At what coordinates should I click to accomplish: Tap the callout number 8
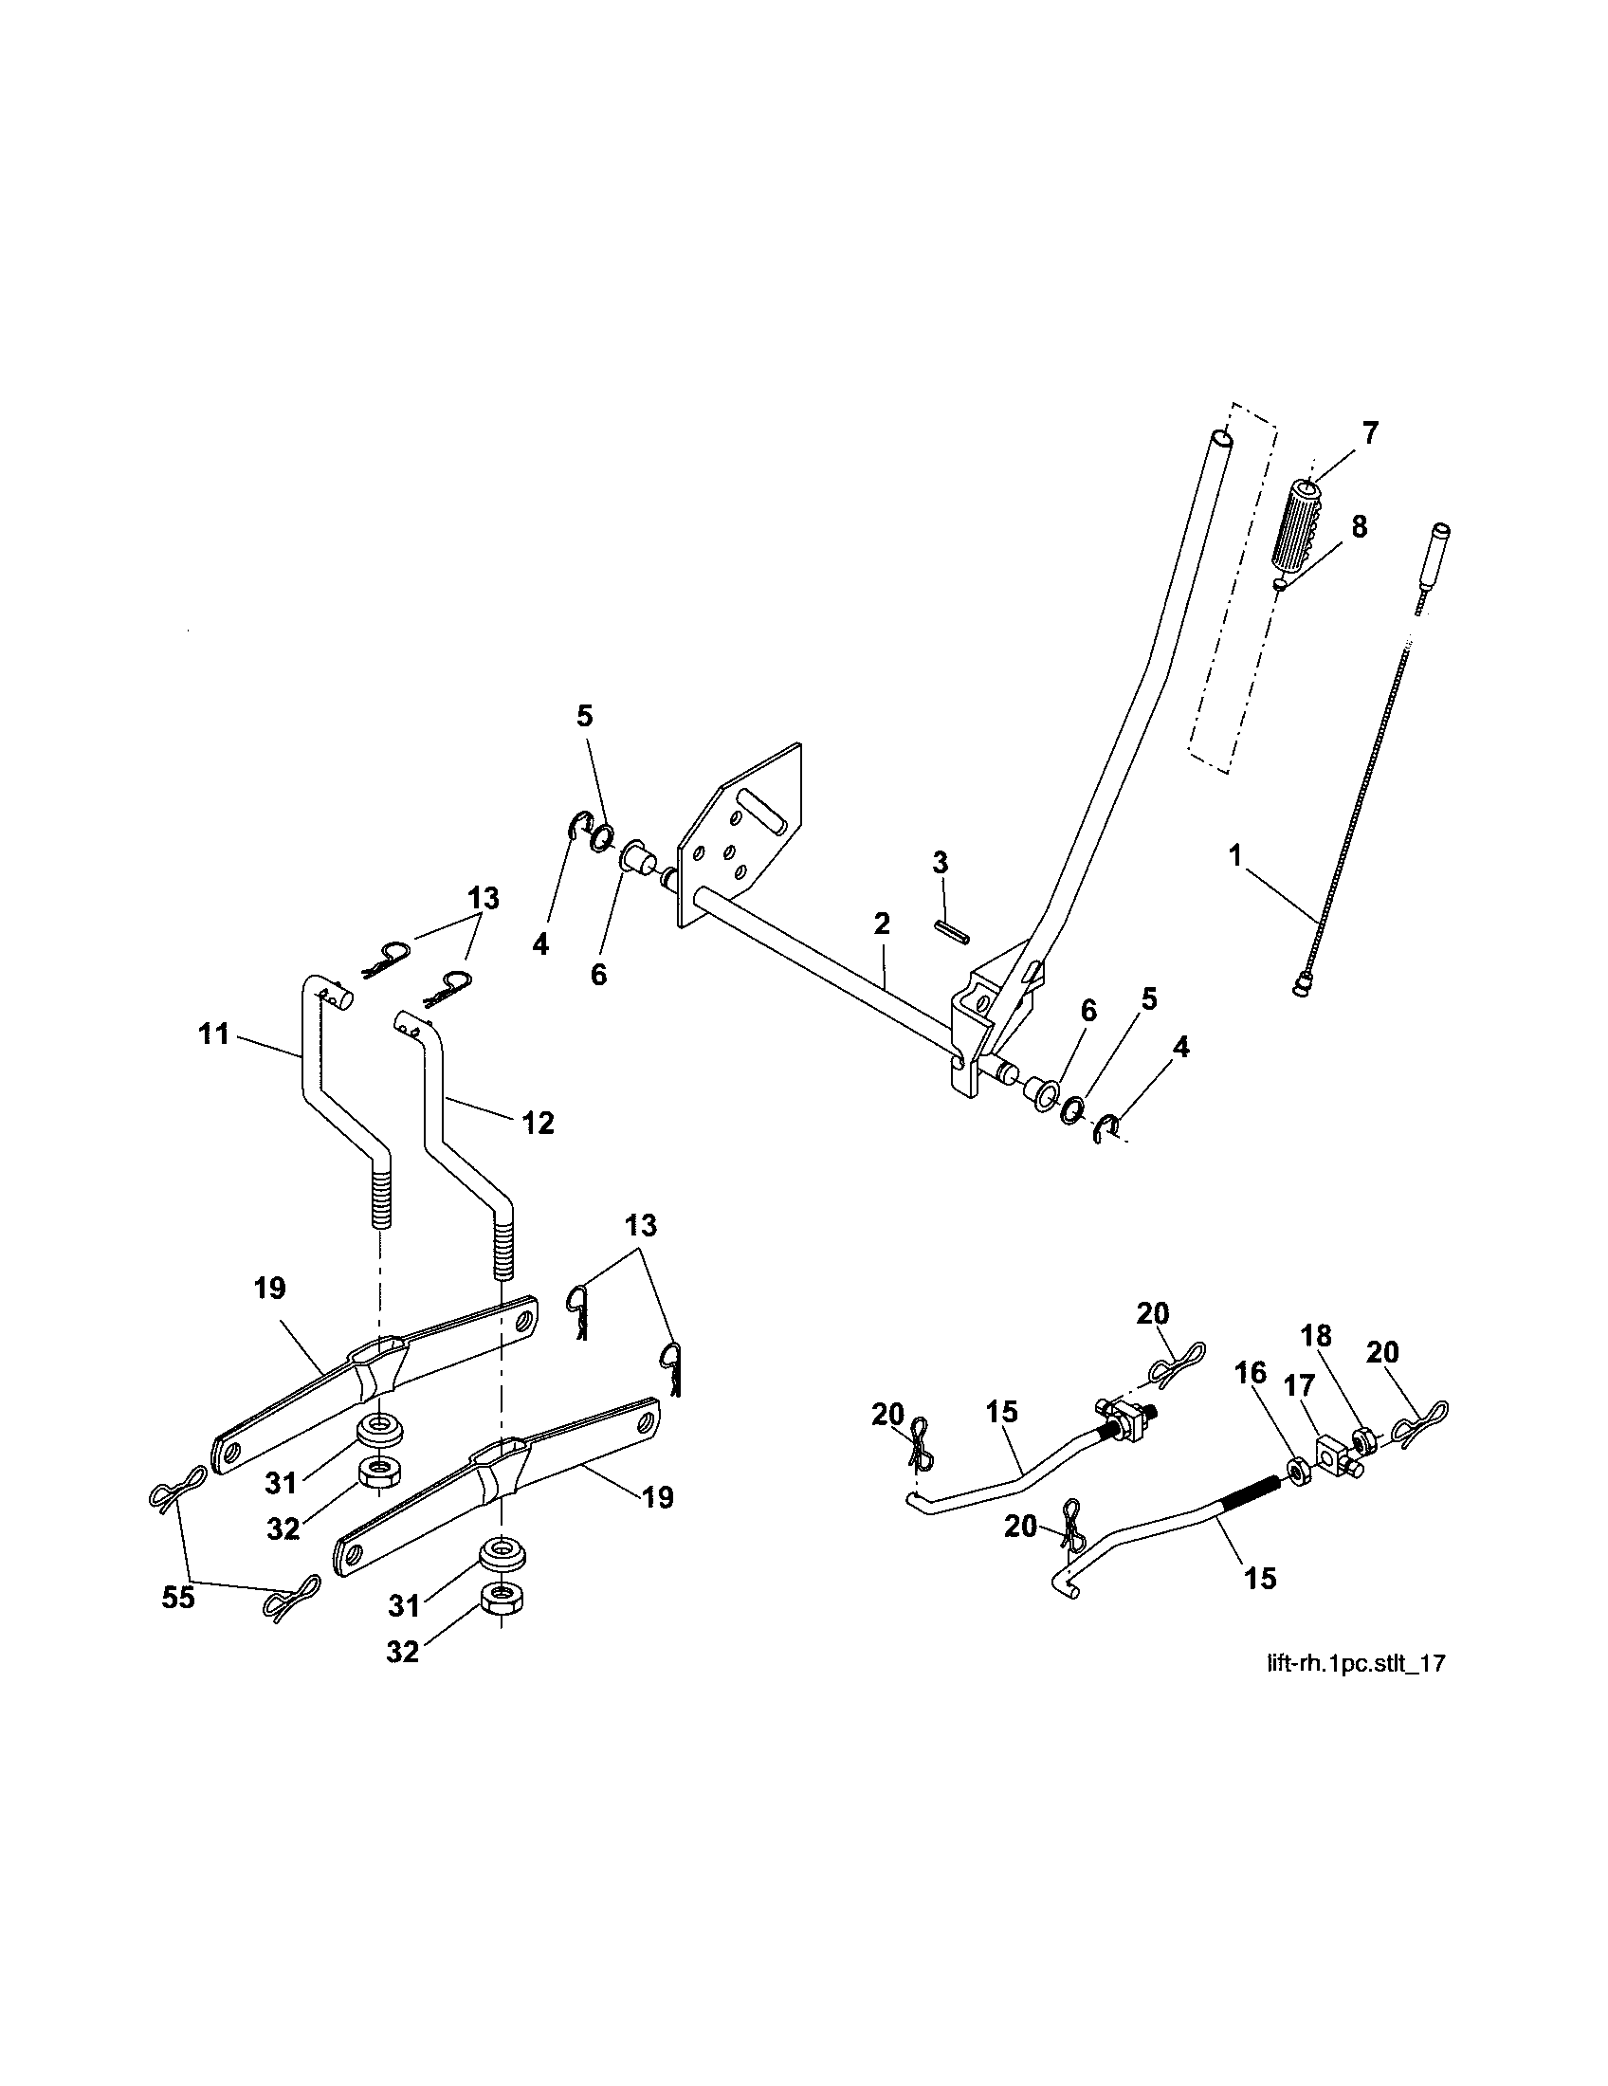[x=1359, y=526]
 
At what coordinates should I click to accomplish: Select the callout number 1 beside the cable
[x=1235, y=855]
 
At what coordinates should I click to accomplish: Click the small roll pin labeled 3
[x=951, y=930]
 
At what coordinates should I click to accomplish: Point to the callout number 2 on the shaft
[x=882, y=923]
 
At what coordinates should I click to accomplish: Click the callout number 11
[x=214, y=1034]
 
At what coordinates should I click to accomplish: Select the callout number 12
[x=539, y=1123]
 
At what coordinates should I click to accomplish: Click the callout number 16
[x=1250, y=1374]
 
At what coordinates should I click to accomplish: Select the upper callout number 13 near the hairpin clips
[x=484, y=899]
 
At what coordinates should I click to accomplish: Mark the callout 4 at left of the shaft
[x=540, y=945]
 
